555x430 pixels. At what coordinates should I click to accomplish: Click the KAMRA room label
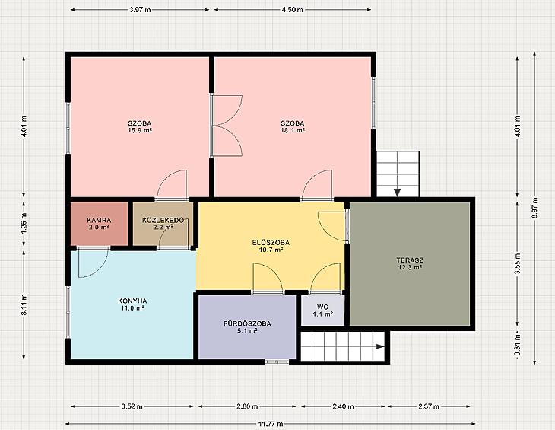tap(99, 220)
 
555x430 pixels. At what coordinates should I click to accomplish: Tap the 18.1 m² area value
tap(293, 130)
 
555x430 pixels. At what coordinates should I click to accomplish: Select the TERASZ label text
tap(410, 260)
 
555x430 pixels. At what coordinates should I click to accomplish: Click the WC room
tap(322, 310)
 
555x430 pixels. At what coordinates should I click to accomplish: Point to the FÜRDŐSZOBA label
tap(247, 323)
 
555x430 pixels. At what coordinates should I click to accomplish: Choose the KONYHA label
tap(132, 301)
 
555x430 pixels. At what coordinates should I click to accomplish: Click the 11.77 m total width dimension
tap(271, 424)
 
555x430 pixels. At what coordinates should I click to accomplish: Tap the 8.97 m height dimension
tap(534, 208)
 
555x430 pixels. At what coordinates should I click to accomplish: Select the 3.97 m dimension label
tap(140, 10)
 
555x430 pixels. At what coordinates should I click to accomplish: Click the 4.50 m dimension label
tap(293, 10)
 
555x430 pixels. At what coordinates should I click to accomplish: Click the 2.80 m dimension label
tap(247, 406)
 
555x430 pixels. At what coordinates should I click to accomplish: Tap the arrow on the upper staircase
tap(398, 193)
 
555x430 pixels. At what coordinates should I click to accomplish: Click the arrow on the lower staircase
tap(380, 346)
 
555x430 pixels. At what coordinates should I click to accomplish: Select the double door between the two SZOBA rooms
tap(227, 126)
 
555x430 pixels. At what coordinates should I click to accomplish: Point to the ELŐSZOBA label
tap(271, 243)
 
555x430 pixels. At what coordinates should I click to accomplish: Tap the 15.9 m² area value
tap(140, 130)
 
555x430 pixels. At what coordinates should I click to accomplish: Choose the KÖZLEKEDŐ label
tap(163, 220)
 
